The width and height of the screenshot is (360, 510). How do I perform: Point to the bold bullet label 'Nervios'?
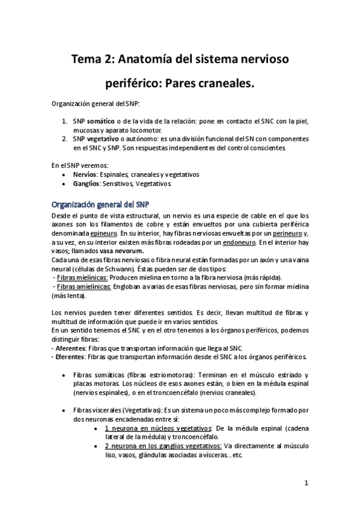(85, 174)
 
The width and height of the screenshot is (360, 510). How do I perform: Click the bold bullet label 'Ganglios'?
(87, 183)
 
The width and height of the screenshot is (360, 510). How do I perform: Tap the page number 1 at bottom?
(306, 483)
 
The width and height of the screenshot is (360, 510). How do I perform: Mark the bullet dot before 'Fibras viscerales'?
(64, 410)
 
